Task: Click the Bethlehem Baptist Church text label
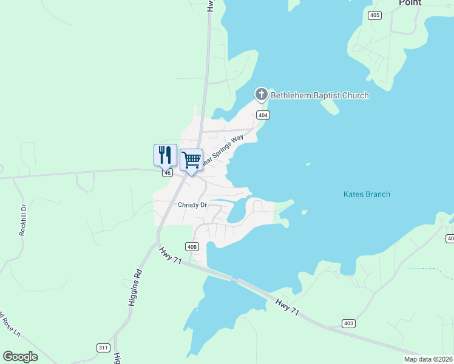point(319,95)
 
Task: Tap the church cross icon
point(261,95)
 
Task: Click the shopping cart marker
point(191,160)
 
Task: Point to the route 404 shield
point(262,115)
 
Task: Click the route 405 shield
point(374,15)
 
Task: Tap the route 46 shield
point(168,173)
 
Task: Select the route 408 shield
point(192,246)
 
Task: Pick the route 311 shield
point(103,348)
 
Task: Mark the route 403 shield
point(348,323)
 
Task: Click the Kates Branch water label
point(367,194)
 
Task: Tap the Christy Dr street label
point(192,205)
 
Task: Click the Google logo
point(21,357)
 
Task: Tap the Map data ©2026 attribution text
point(427,359)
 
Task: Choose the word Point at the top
point(410,3)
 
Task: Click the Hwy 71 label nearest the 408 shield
point(171,255)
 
